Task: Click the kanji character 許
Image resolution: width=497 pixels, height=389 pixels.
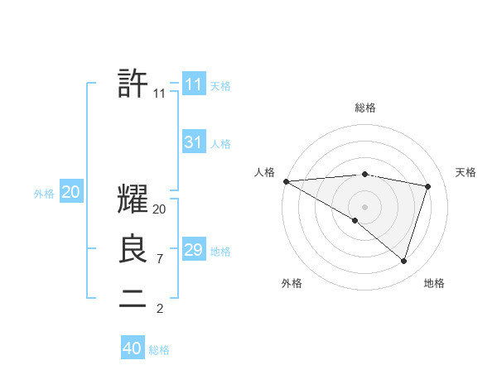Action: [133, 84]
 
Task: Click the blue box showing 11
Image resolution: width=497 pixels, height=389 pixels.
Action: [193, 84]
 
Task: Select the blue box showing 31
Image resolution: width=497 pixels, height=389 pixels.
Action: [193, 142]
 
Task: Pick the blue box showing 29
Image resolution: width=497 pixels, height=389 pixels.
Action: [193, 250]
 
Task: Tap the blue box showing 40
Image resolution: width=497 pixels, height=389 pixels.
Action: [133, 348]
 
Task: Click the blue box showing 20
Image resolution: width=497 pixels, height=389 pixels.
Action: [71, 192]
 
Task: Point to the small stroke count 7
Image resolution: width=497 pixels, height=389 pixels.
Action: [159, 259]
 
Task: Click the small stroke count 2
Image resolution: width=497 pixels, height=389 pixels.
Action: [159, 309]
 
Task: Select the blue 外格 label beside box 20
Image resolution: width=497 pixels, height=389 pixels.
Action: [44, 194]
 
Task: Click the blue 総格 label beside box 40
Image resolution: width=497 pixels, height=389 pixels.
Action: [159, 350]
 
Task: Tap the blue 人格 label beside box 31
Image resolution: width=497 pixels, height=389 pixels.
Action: [220, 144]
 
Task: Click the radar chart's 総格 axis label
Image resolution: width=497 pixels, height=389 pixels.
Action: [365, 108]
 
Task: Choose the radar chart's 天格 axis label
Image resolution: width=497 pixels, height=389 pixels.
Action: [466, 172]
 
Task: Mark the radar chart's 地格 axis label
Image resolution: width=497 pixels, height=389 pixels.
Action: [434, 283]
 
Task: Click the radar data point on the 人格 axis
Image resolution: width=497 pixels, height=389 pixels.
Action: [286, 181]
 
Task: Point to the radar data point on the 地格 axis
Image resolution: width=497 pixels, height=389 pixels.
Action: [403, 261]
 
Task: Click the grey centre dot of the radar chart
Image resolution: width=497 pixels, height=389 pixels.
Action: [364, 206]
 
